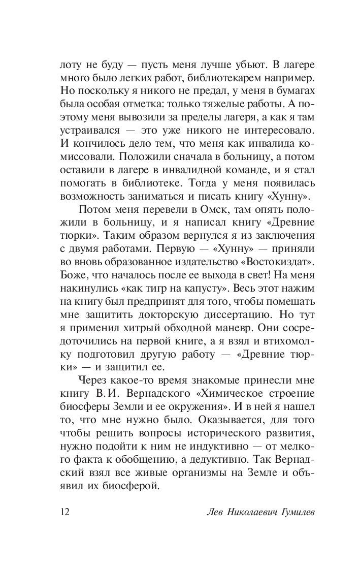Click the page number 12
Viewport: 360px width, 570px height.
point(64,512)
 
